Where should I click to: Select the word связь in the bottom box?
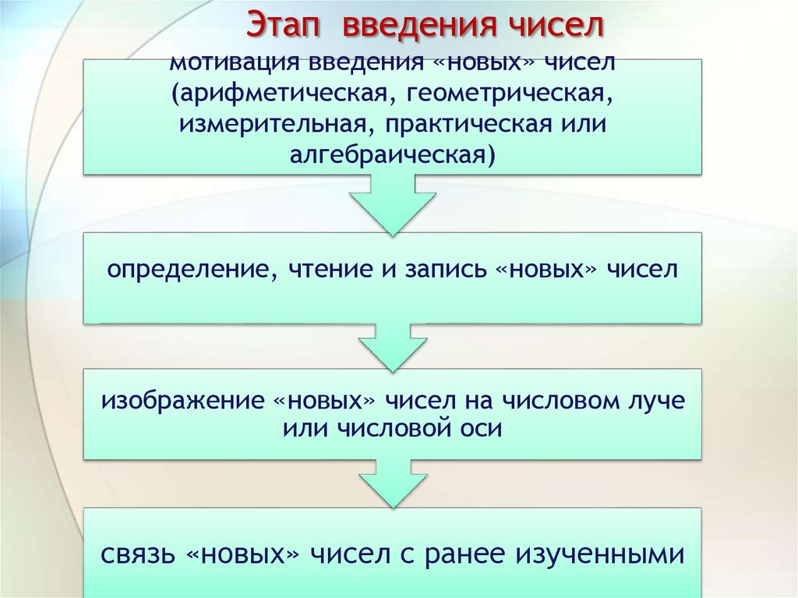(138, 555)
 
